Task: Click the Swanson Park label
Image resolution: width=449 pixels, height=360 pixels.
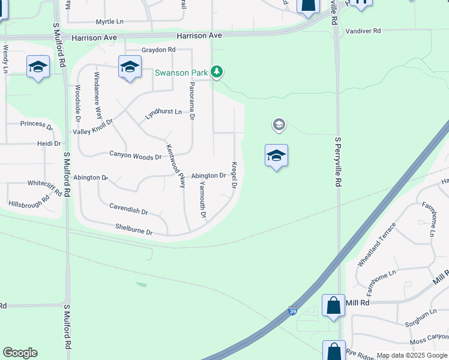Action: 181,73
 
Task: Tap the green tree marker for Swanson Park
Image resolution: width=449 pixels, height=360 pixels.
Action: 217,73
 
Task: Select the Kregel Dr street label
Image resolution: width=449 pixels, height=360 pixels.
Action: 234,175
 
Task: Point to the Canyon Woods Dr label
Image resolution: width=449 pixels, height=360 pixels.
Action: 135,155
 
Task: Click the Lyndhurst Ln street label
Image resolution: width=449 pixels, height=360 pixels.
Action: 163,112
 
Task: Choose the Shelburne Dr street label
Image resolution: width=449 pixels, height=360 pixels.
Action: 134,229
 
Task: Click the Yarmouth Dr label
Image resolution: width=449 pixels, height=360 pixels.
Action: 203,199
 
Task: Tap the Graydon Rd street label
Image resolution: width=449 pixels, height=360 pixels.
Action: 158,50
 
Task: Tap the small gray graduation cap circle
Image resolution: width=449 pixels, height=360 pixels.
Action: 278,125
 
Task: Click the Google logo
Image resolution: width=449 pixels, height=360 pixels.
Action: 20,353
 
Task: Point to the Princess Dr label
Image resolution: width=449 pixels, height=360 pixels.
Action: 37,124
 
